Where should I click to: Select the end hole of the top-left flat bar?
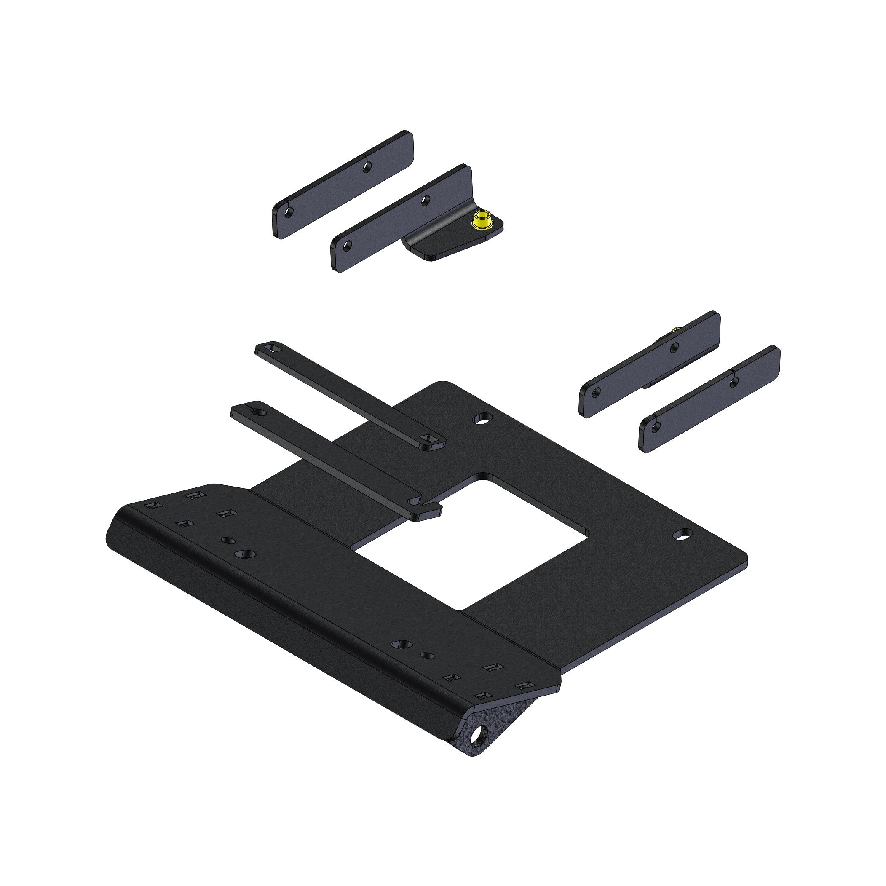(289, 212)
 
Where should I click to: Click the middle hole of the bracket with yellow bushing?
(426, 200)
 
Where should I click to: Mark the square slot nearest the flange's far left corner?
(151, 504)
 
